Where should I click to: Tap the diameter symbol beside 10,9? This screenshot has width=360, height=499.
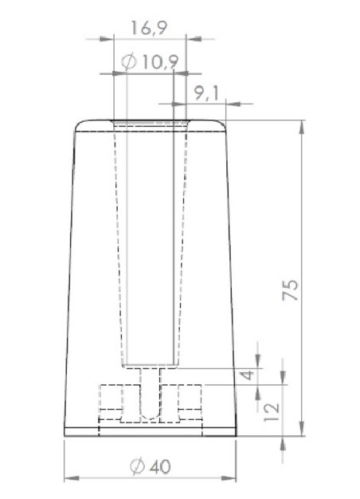coord(130,62)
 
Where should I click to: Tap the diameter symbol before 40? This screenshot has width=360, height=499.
coord(138,466)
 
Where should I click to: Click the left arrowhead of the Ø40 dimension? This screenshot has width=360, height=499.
coord(68,479)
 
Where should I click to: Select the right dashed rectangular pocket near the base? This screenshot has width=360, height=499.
coord(191,402)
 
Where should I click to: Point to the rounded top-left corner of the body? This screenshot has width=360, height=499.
coord(79,125)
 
